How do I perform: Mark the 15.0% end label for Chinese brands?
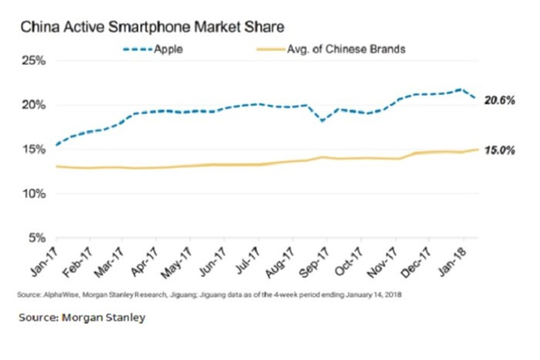tap(500, 150)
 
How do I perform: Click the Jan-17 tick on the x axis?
tap(45, 261)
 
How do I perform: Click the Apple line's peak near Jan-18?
tap(461, 89)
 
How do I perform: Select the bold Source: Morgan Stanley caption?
tap(83, 317)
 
